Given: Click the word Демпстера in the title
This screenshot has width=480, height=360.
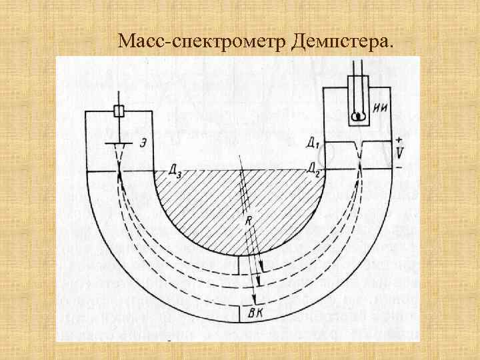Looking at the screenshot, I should pos(342,42).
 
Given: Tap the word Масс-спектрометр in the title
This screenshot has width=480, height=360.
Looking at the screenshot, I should pos(202,42).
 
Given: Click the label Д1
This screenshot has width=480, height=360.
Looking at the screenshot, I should pos(311,143).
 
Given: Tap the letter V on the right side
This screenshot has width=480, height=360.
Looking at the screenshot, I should pos(399,153).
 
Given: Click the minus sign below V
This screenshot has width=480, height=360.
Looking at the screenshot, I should pos(399,167).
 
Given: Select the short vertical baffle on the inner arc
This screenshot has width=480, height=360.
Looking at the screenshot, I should pos(239,265).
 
